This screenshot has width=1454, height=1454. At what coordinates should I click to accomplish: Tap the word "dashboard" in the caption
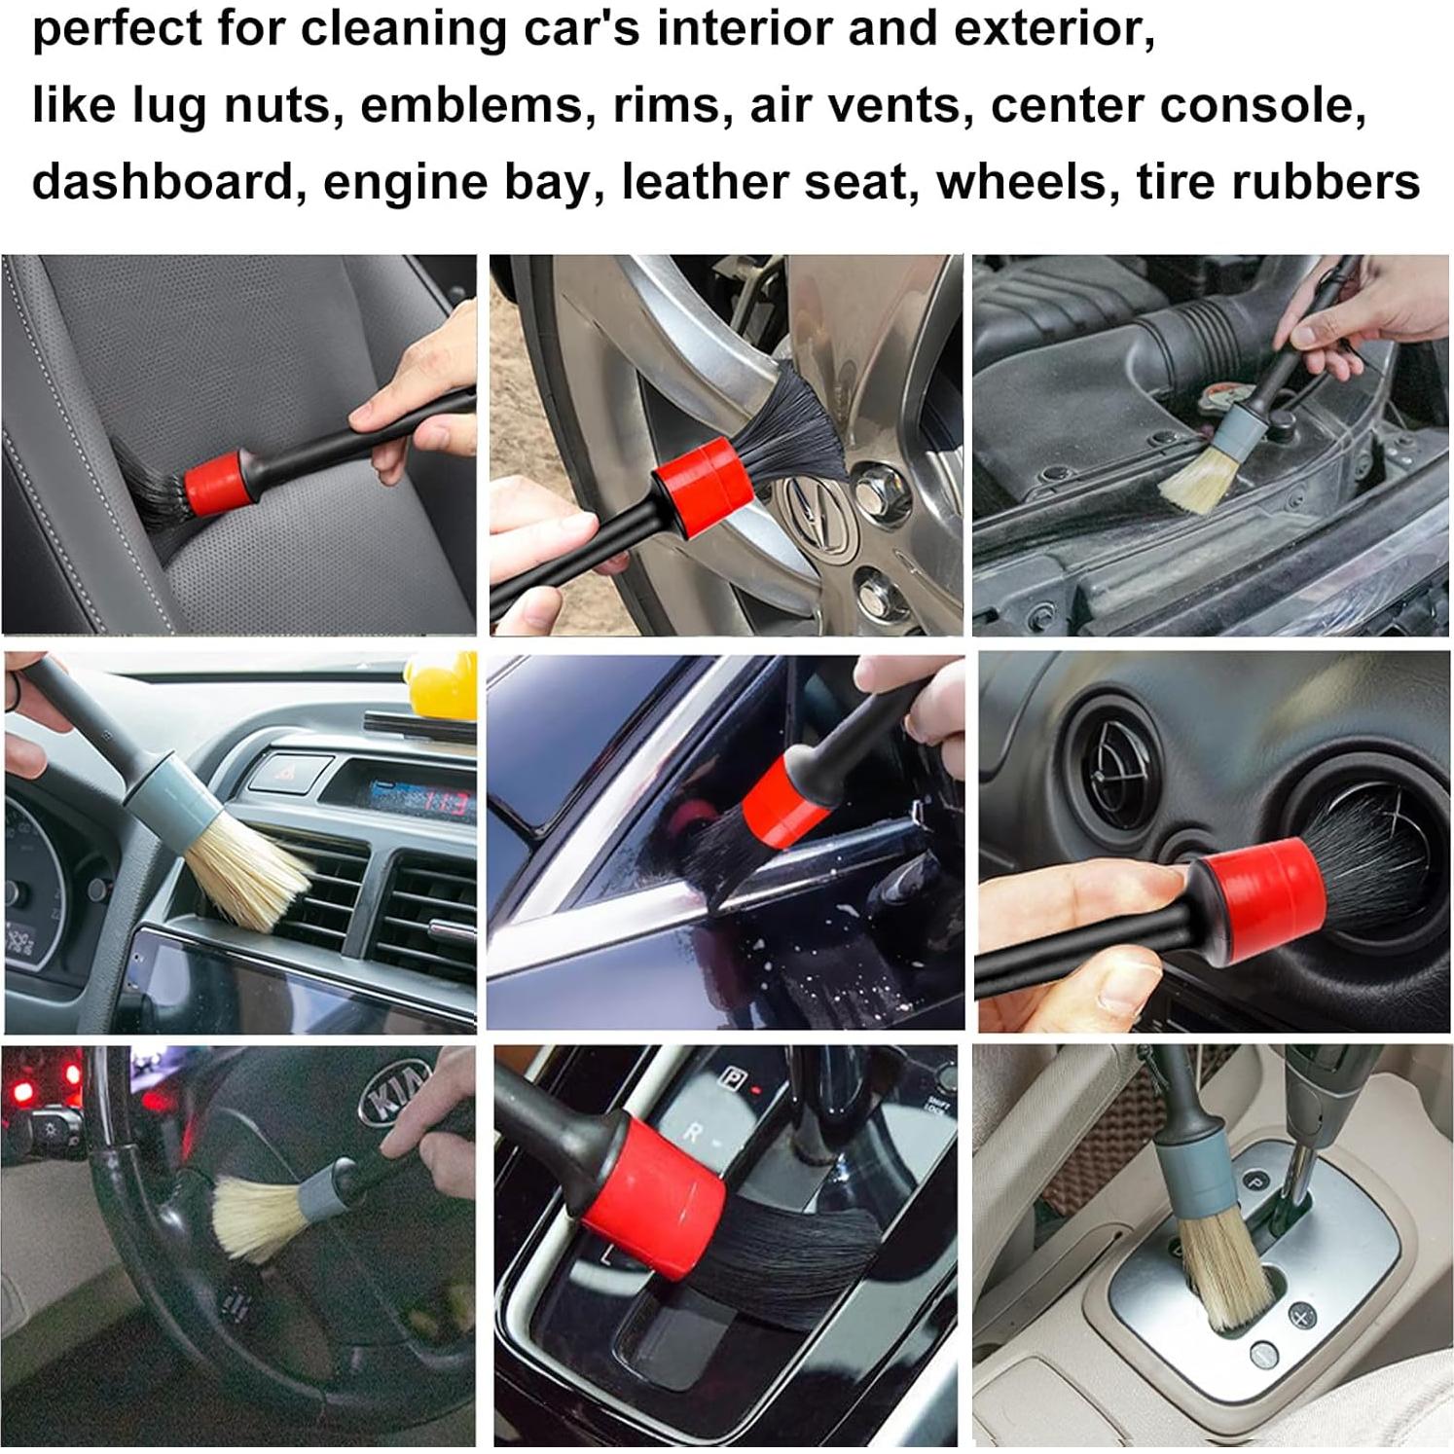(163, 182)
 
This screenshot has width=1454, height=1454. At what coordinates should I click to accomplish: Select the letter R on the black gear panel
(694, 1132)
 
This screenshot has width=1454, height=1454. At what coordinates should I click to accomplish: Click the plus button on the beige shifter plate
(1301, 1317)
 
